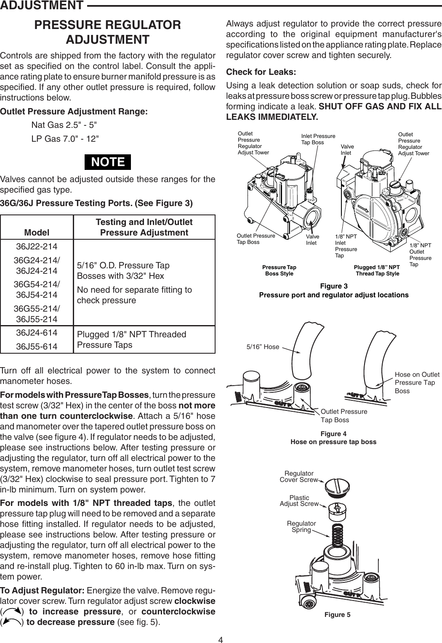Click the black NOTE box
click(x=108, y=162)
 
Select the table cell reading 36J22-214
click(x=37, y=246)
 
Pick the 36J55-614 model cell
click(x=37, y=347)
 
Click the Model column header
click(x=37, y=233)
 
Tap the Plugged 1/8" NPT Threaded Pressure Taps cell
click(x=132, y=340)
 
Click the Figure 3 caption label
click(x=334, y=286)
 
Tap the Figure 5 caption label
click(x=337, y=615)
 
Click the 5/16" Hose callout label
click(x=262, y=347)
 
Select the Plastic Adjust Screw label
click(x=299, y=500)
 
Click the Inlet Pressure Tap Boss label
click(x=318, y=139)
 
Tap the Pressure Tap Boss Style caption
click(x=279, y=270)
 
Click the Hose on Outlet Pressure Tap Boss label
click(x=417, y=382)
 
